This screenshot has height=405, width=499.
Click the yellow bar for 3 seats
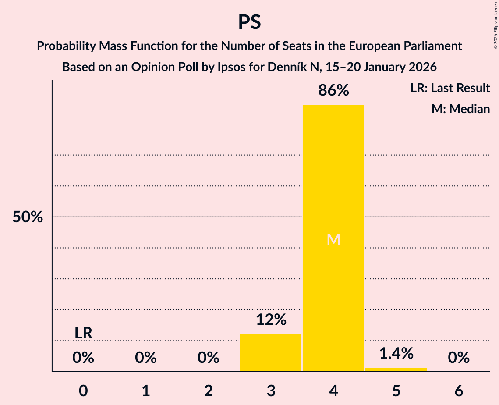[x=271, y=352]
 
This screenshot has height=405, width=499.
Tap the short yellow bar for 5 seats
[x=396, y=369]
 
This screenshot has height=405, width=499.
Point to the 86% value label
[x=333, y=91]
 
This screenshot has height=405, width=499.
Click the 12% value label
[x=271, y=320]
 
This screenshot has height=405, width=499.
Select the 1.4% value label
[x=396, y=353]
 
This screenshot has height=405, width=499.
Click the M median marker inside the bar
[x=333, y=239]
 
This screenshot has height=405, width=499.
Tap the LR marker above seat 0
[x=83, y=333]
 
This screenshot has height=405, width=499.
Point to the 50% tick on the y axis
[x=28, y=217]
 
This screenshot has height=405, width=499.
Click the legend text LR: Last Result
[x=450, y=88]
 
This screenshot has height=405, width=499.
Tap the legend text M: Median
[x=460, y=109]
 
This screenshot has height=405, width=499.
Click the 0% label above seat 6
[x=459, y=358]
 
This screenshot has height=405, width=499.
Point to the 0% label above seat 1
[x=146, y=358]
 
